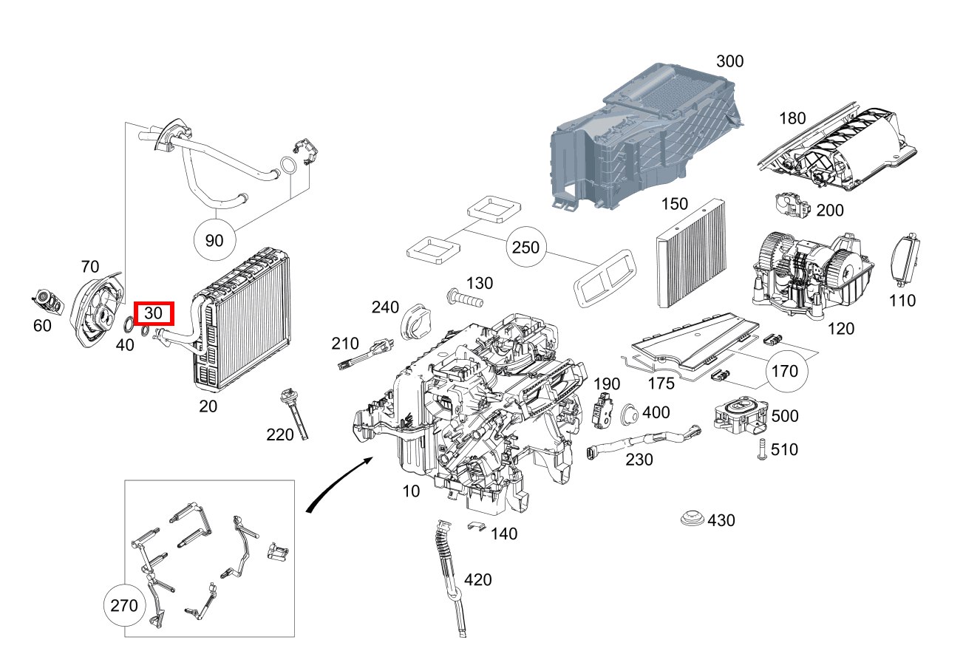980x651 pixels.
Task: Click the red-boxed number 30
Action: coord(153,313)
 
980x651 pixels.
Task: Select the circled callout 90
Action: coord(214,240)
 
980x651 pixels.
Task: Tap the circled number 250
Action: coord(526,248)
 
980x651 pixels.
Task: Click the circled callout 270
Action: coord(123,606)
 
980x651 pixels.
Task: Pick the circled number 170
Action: coord(784,370)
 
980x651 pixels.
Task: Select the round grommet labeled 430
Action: coord(693,519)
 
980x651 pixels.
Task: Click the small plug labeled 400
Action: coord(631,415)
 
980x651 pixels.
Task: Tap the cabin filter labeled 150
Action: coord(689,254)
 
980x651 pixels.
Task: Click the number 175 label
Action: coord(661,384)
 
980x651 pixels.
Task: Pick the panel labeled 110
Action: coord(906,262)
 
